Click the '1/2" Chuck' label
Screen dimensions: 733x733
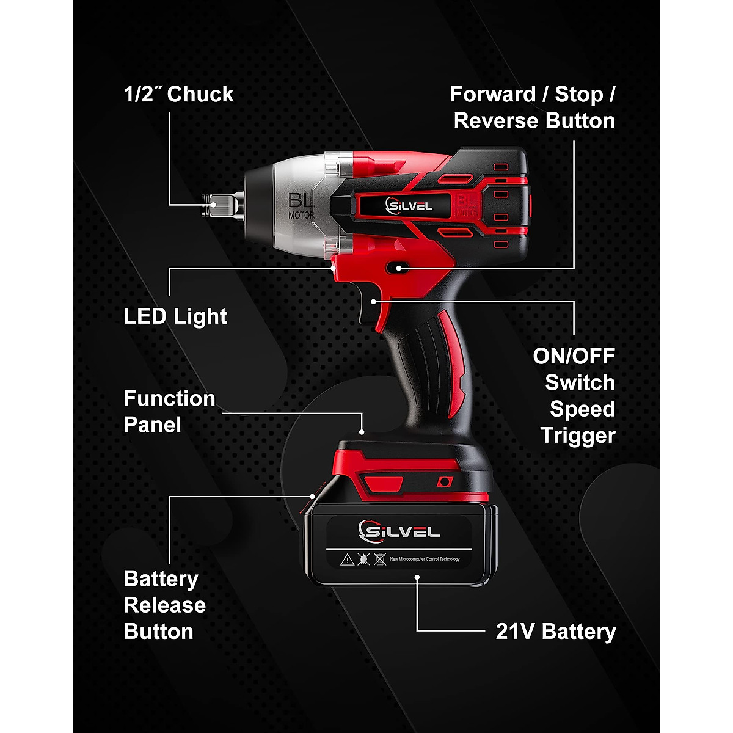pyautogui.click(x=178, y=94)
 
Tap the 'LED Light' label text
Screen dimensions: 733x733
pyautogui.click(x=175, y=316)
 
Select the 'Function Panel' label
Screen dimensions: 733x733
pyautogui.click(x=169, y=411)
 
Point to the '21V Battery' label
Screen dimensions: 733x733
pyautogui.click(x=555, y=631)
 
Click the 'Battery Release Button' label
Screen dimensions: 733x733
pyautogui.click(x=164, y=605)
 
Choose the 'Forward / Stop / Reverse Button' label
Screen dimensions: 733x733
pyautogui.click(x=533, y=108)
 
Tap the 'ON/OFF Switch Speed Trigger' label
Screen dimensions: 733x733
pyautogui.click(x=574, y=395)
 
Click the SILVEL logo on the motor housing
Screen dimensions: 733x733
pyautogui.click(x=409, y=205)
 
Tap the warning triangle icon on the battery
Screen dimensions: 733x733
pyautogui.click(x=347, y=558)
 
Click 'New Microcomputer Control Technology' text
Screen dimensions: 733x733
pyautogui.click(x=425, y=559)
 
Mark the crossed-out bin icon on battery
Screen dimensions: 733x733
pyautogui.click(x=379, y=558)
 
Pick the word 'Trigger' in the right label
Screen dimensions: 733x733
pyautogui.click(x=577, y=436)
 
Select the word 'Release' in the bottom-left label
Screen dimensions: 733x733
pyautogui.click(x=164, y=605)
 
